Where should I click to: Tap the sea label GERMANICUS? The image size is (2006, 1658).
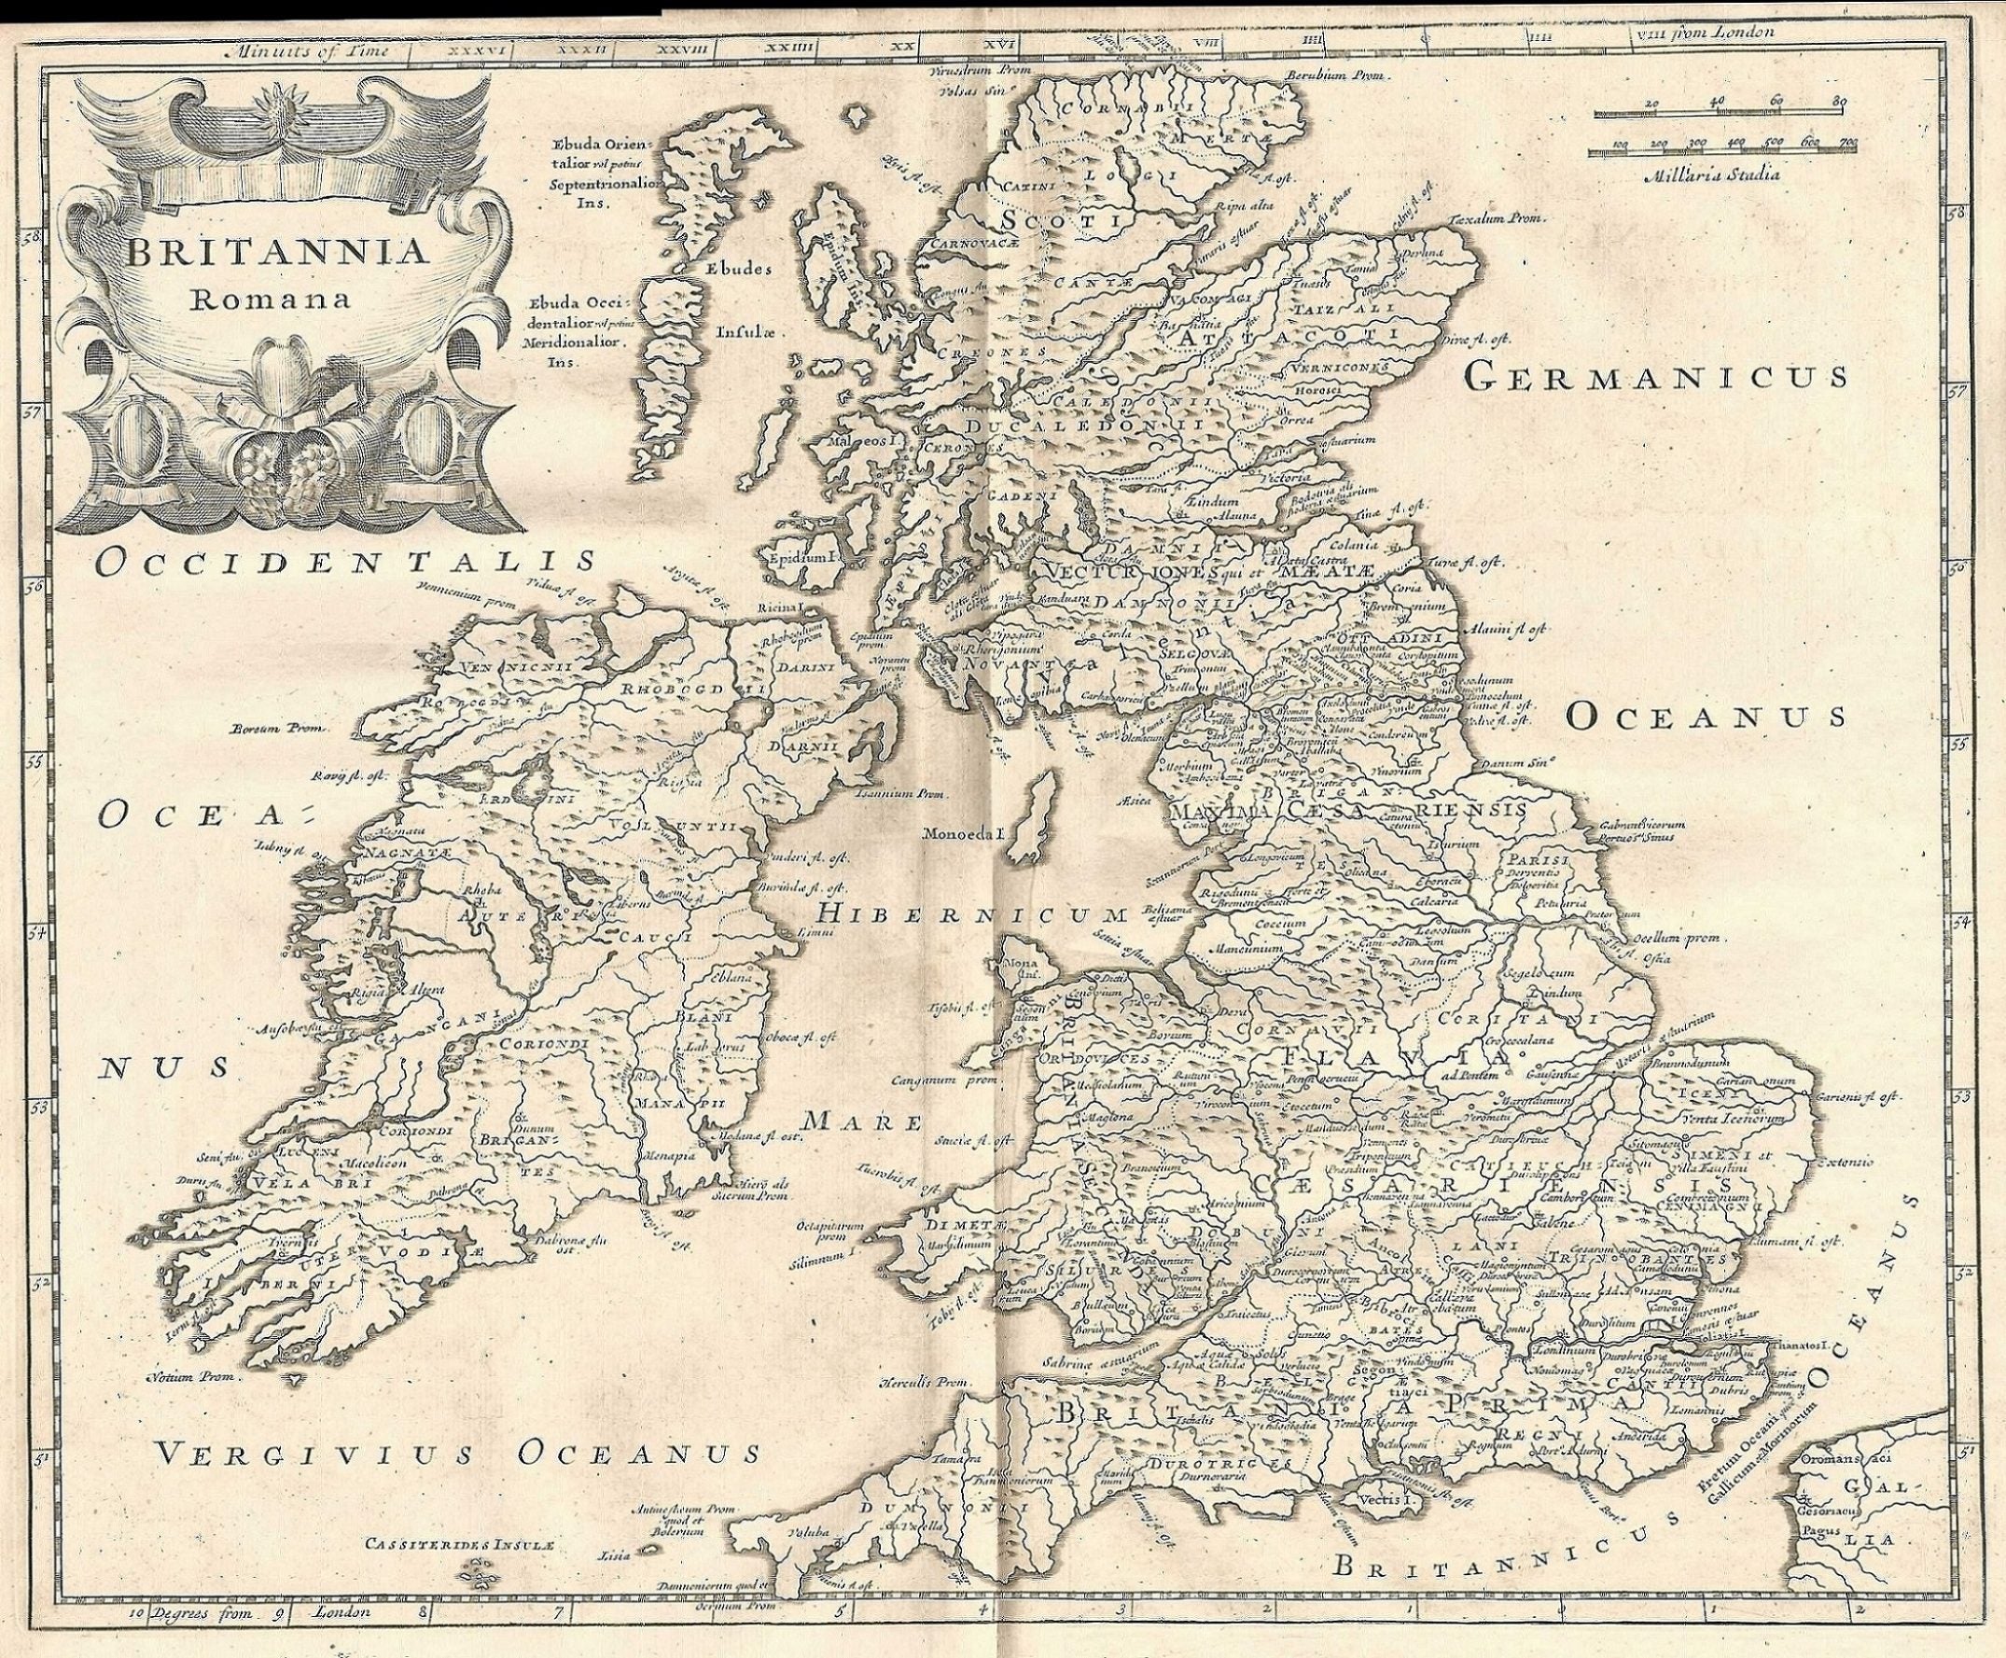coord(1653,378)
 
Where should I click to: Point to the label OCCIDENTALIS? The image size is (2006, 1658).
coord(347,562)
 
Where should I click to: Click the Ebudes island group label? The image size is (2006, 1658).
coord(737,270)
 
